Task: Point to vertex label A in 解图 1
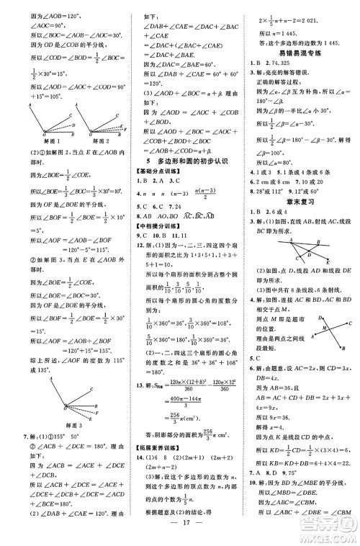point(29,104)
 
